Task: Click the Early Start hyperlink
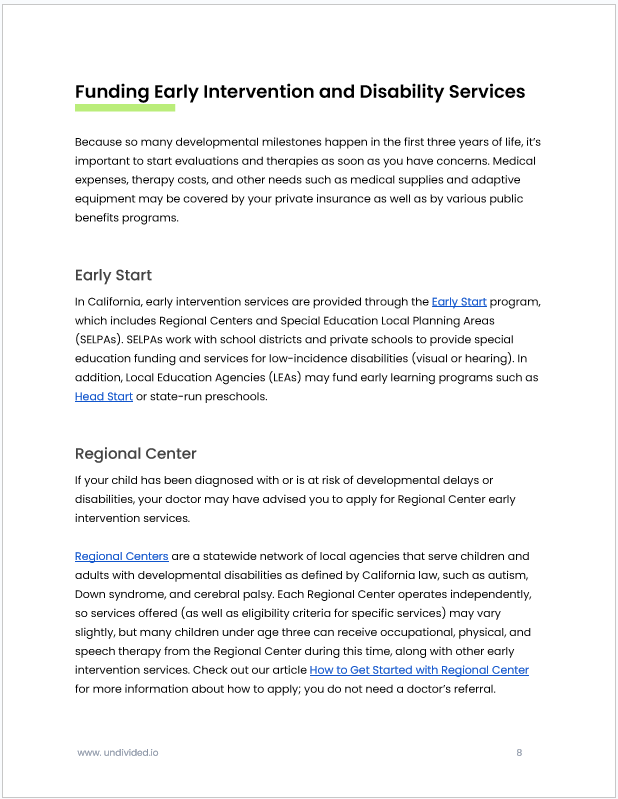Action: tap(459, 302)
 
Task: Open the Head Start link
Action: tap(104, 397)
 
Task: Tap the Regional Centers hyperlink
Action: tap(121, 556)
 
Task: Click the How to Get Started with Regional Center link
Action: tap(419, 670)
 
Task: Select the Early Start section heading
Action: tap(113, 275)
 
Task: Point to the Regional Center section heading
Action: tap(136, 454)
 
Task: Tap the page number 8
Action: tap(519, 752)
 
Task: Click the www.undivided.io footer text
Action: tap(117, 752)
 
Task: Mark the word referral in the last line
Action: tap(464, 689)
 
